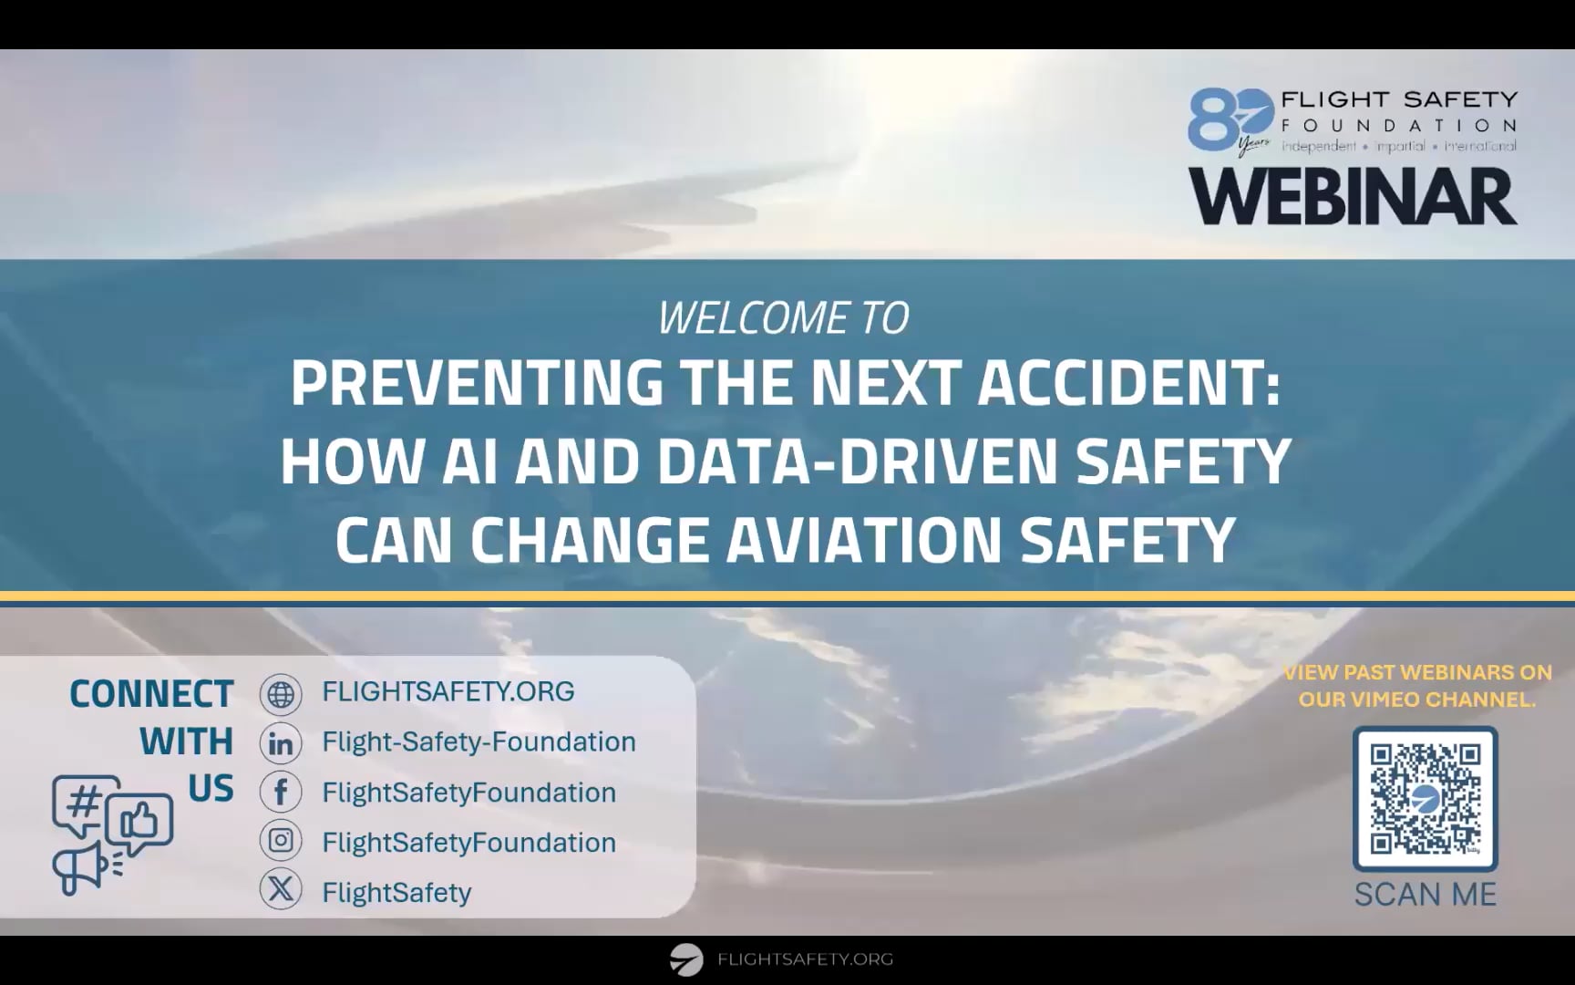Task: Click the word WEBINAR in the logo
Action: (x=1353, y=197)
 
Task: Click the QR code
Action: (x=1425, y=799)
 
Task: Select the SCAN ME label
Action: (x=1425, y=895)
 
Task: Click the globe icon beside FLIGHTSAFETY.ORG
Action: (x=281, y=694)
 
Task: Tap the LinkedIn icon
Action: (x=281, y=743)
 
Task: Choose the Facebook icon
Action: (x=281, y=793)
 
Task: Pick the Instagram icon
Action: (x=281, y=840)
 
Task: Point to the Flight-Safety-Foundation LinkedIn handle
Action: (x=479, y=742)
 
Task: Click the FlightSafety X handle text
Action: (x=396, y=892)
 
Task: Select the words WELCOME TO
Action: (x=783, y=318)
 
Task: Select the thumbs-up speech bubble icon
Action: (x=139, y=823)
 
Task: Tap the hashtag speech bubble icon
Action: (x=84, y=804)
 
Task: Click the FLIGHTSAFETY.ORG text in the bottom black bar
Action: (x=805, y=959)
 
